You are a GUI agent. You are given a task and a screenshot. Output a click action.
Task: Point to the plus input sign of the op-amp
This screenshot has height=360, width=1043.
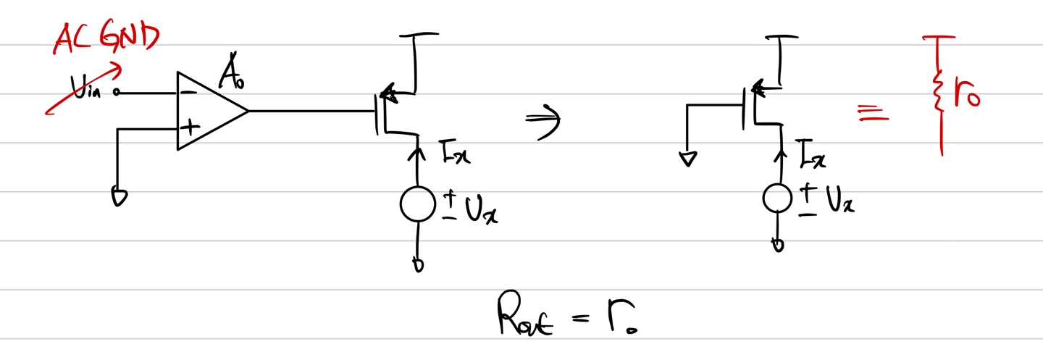pyautogui.click(x=189, y=128)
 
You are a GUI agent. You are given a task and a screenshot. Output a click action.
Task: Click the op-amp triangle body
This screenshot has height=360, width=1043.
pyautogui.click(x=210, y=111)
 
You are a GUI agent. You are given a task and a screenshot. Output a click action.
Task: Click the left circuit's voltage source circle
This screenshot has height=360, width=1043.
pyautogui.click(x=419, y=204)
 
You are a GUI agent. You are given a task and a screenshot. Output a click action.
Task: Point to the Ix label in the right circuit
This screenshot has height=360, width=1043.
pyautogui.click(x=813, y=154)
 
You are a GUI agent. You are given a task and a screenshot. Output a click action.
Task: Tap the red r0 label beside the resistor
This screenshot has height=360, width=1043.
pyautogui.click(x=967, y=96)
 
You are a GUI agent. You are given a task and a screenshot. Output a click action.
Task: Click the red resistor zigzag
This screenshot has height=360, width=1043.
pyautogui.click(x=939, y=96)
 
